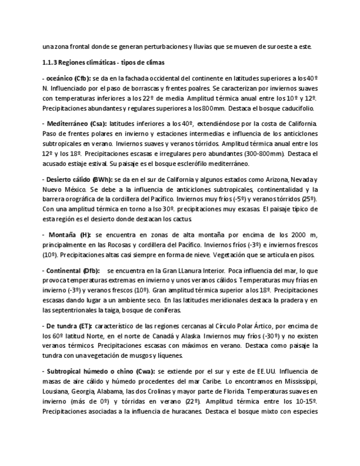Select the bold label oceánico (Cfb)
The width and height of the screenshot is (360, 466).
[67, 79]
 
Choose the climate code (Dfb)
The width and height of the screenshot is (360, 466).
[92, 270]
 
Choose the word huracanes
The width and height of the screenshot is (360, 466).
[178, 411]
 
